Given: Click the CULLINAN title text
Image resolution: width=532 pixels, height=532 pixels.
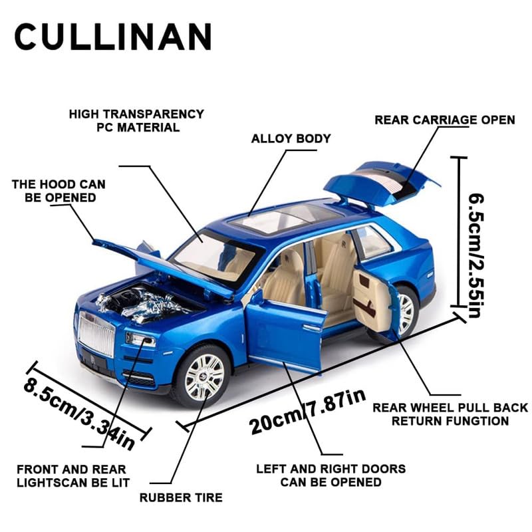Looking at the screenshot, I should tap(113, 37).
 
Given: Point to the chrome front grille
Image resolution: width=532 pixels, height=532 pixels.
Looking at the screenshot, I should tap(97, 336).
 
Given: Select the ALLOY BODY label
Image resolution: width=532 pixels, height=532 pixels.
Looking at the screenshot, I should tap(291, 139).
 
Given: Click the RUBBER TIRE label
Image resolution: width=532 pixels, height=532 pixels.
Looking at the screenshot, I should tap(181, 497).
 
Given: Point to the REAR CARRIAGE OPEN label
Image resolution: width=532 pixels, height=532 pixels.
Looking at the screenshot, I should tap(444, 120).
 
